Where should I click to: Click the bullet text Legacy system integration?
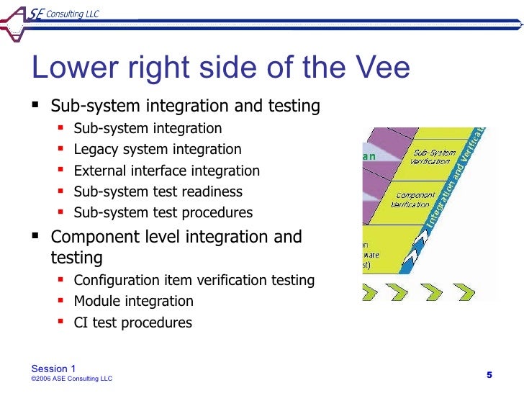coord(158,150)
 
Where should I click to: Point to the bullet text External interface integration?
coord(166,171)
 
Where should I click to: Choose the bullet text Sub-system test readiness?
coord(158,191)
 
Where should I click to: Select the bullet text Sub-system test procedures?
coord(163,212)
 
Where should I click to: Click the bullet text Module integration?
coord(133,301)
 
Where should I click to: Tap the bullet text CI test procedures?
coord(132,322)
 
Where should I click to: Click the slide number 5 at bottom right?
coord(489,374)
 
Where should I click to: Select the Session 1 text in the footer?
coord(53,369)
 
